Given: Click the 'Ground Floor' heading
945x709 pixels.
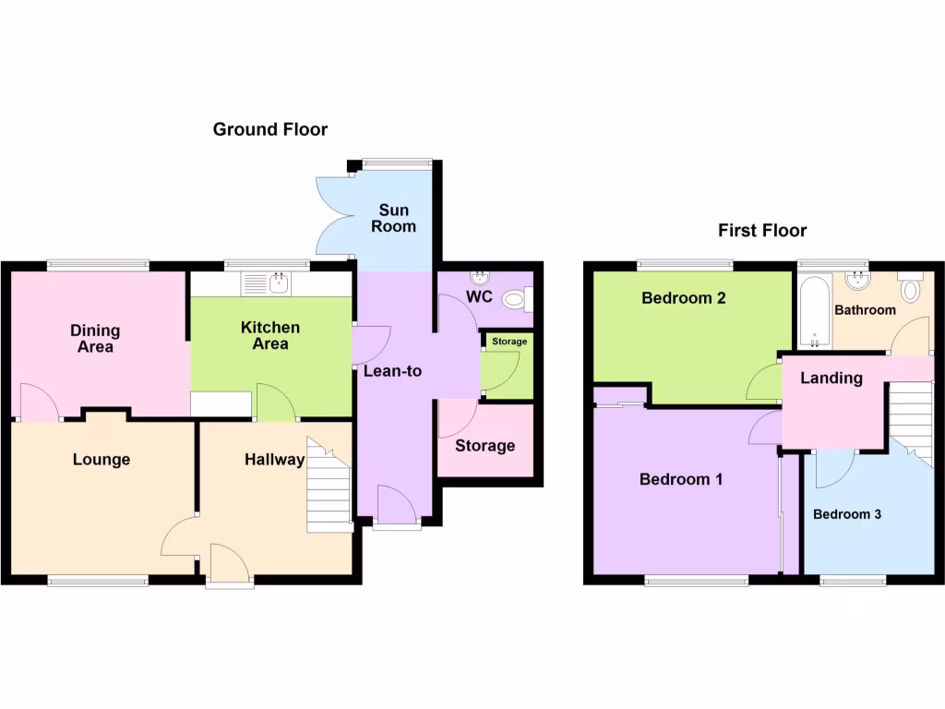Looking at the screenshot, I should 269,129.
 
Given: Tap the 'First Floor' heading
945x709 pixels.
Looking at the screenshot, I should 762,231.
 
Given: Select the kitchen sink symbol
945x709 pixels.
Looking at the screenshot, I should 266,283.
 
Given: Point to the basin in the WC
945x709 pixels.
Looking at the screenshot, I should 480,277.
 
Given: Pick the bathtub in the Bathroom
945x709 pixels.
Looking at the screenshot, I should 814,312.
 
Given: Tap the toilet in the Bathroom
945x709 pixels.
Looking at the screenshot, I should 910,289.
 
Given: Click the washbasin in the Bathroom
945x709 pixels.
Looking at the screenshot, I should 858,279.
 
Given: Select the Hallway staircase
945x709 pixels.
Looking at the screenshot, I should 329,485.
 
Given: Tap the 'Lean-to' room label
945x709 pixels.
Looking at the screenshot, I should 392,371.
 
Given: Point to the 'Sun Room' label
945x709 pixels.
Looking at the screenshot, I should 394,218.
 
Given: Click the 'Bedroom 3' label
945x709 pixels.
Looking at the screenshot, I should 847,514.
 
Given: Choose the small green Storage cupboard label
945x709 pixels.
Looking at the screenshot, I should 509,342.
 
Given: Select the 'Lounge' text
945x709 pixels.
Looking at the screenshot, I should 102,460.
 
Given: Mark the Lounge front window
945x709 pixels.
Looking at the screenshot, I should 98,581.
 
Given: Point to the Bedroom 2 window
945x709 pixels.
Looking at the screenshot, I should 685,266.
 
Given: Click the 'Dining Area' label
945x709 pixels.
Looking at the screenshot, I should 96,339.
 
